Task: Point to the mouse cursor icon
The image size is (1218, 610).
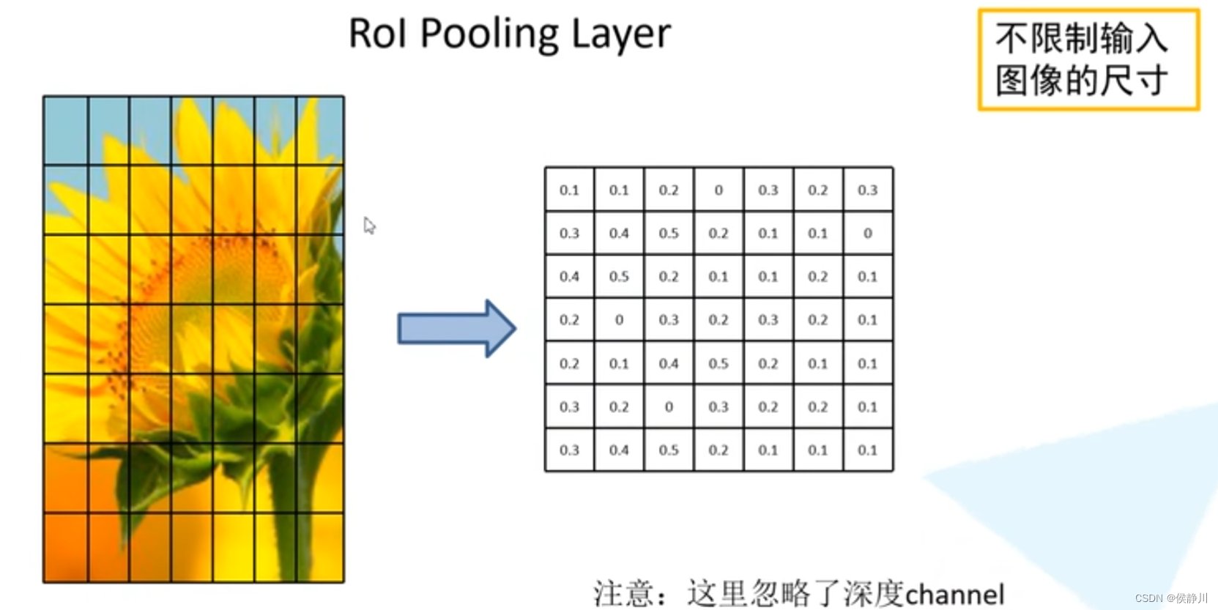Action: tap(369, 226)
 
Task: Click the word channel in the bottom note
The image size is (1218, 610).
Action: tap(954, 594)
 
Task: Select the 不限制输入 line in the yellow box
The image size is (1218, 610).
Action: tap(1081, 39)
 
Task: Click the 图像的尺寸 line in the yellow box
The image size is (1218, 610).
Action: tap(1081, 81)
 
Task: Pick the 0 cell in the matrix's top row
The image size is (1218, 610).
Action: tap(718, 190)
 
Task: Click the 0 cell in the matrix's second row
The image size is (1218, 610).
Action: tap(868, 234)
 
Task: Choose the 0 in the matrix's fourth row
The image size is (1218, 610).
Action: tap(619, 320)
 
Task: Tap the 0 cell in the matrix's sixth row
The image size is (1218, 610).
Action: tap(669, 407)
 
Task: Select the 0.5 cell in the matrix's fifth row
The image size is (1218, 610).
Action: tap(718, 364)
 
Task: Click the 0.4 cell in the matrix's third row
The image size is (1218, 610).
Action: tap(569, 277)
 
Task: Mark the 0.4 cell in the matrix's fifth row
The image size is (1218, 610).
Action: tap(669, 364)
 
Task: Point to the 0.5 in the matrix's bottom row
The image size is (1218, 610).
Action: tap(669, 450)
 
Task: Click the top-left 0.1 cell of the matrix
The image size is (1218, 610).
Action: tap(569, 190)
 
